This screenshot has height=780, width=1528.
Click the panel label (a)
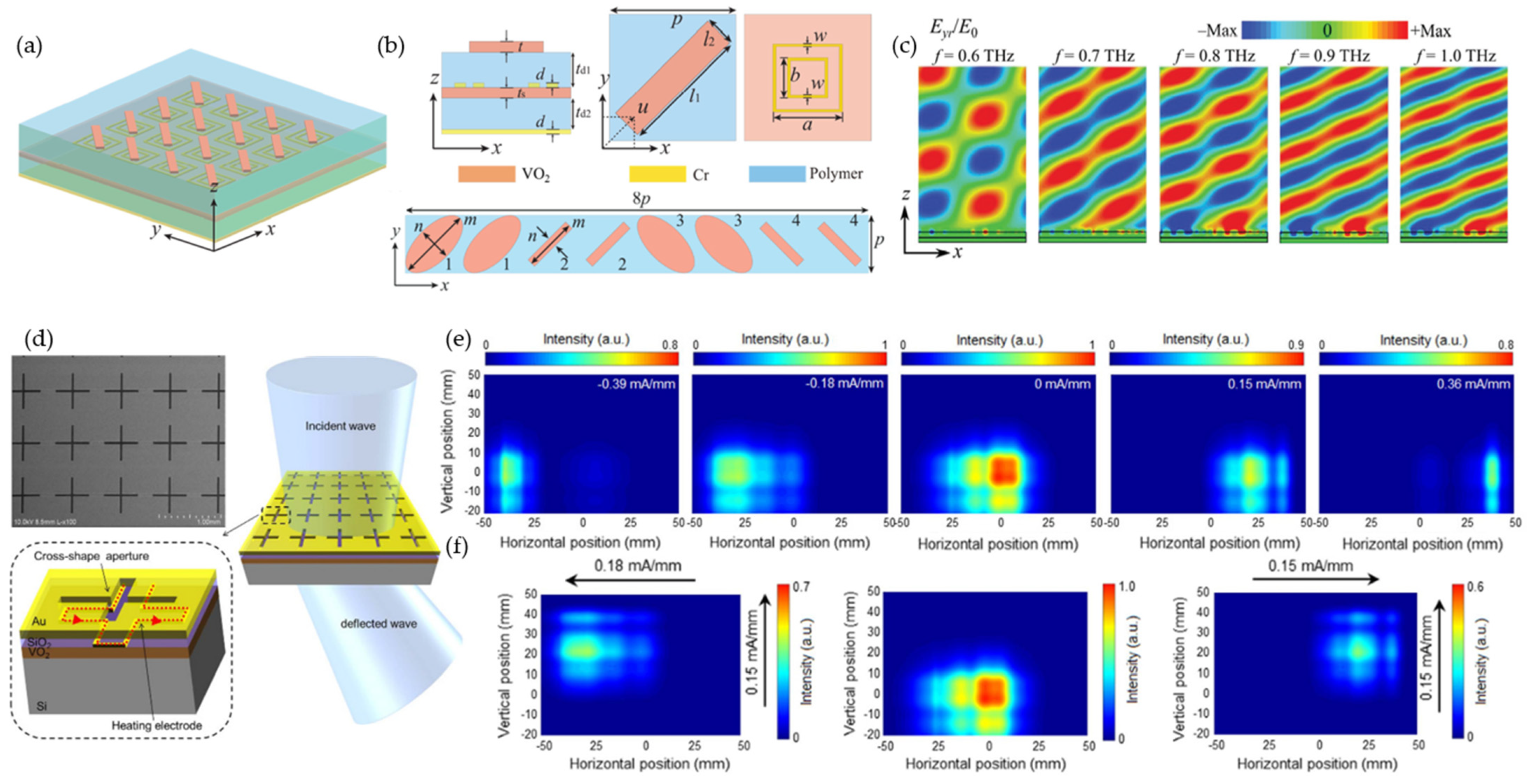[29, 46]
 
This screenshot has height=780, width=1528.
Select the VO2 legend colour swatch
[486, 174]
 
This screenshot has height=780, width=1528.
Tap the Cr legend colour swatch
[657, 174]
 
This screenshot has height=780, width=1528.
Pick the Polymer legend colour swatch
[776, 174]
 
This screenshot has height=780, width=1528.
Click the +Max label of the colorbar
[1431, 31]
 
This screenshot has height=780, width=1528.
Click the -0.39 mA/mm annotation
[636, 384]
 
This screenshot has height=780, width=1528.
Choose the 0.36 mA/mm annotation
[1473, 384]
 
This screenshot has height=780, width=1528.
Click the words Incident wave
[340, 426]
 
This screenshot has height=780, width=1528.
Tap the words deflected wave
[378, 623]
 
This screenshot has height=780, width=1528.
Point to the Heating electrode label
[157, 725]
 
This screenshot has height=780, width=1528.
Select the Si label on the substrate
[42, 706]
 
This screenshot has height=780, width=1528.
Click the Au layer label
[39, 621]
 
